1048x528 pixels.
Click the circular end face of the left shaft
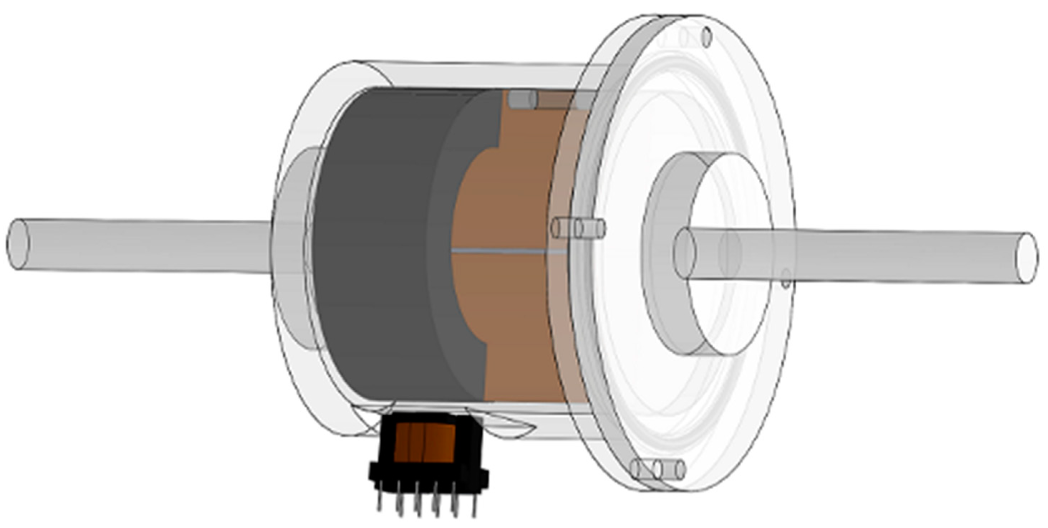(x=18, y=244)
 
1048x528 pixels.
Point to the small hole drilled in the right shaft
(x=786, y=279)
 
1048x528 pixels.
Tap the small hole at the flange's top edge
(x=707, y=36)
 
